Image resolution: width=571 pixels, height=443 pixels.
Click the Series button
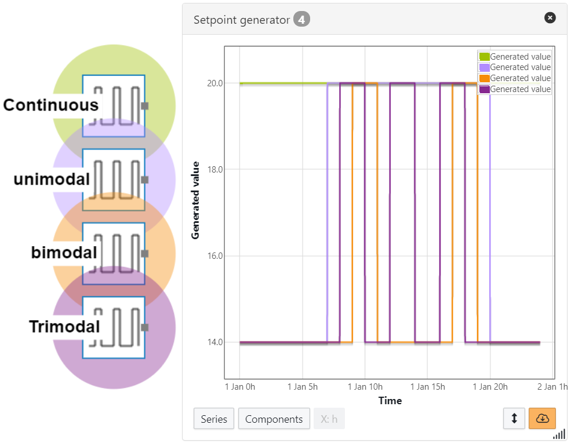point(214,419)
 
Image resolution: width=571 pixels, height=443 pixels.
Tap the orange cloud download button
point(542,419)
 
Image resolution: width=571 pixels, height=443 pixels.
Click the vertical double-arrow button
point(514,419)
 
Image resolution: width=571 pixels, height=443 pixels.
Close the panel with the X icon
point(550,18)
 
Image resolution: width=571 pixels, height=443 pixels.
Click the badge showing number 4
point(301,20)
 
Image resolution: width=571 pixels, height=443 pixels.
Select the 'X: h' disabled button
point(329,419)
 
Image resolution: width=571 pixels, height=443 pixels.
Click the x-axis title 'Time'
point(390,401)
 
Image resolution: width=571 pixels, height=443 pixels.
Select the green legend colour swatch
point(483,57)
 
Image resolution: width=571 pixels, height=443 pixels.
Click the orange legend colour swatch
point(483,78)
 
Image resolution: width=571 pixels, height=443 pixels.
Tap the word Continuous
point(50,105)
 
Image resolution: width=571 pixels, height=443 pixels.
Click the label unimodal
point(52,180)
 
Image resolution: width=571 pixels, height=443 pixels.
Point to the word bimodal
point(64,253)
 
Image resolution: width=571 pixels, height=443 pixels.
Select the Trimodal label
point(64,327)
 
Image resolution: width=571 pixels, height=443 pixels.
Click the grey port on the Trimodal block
point(145,327)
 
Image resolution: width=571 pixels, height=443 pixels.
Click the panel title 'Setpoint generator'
point(241,20)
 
